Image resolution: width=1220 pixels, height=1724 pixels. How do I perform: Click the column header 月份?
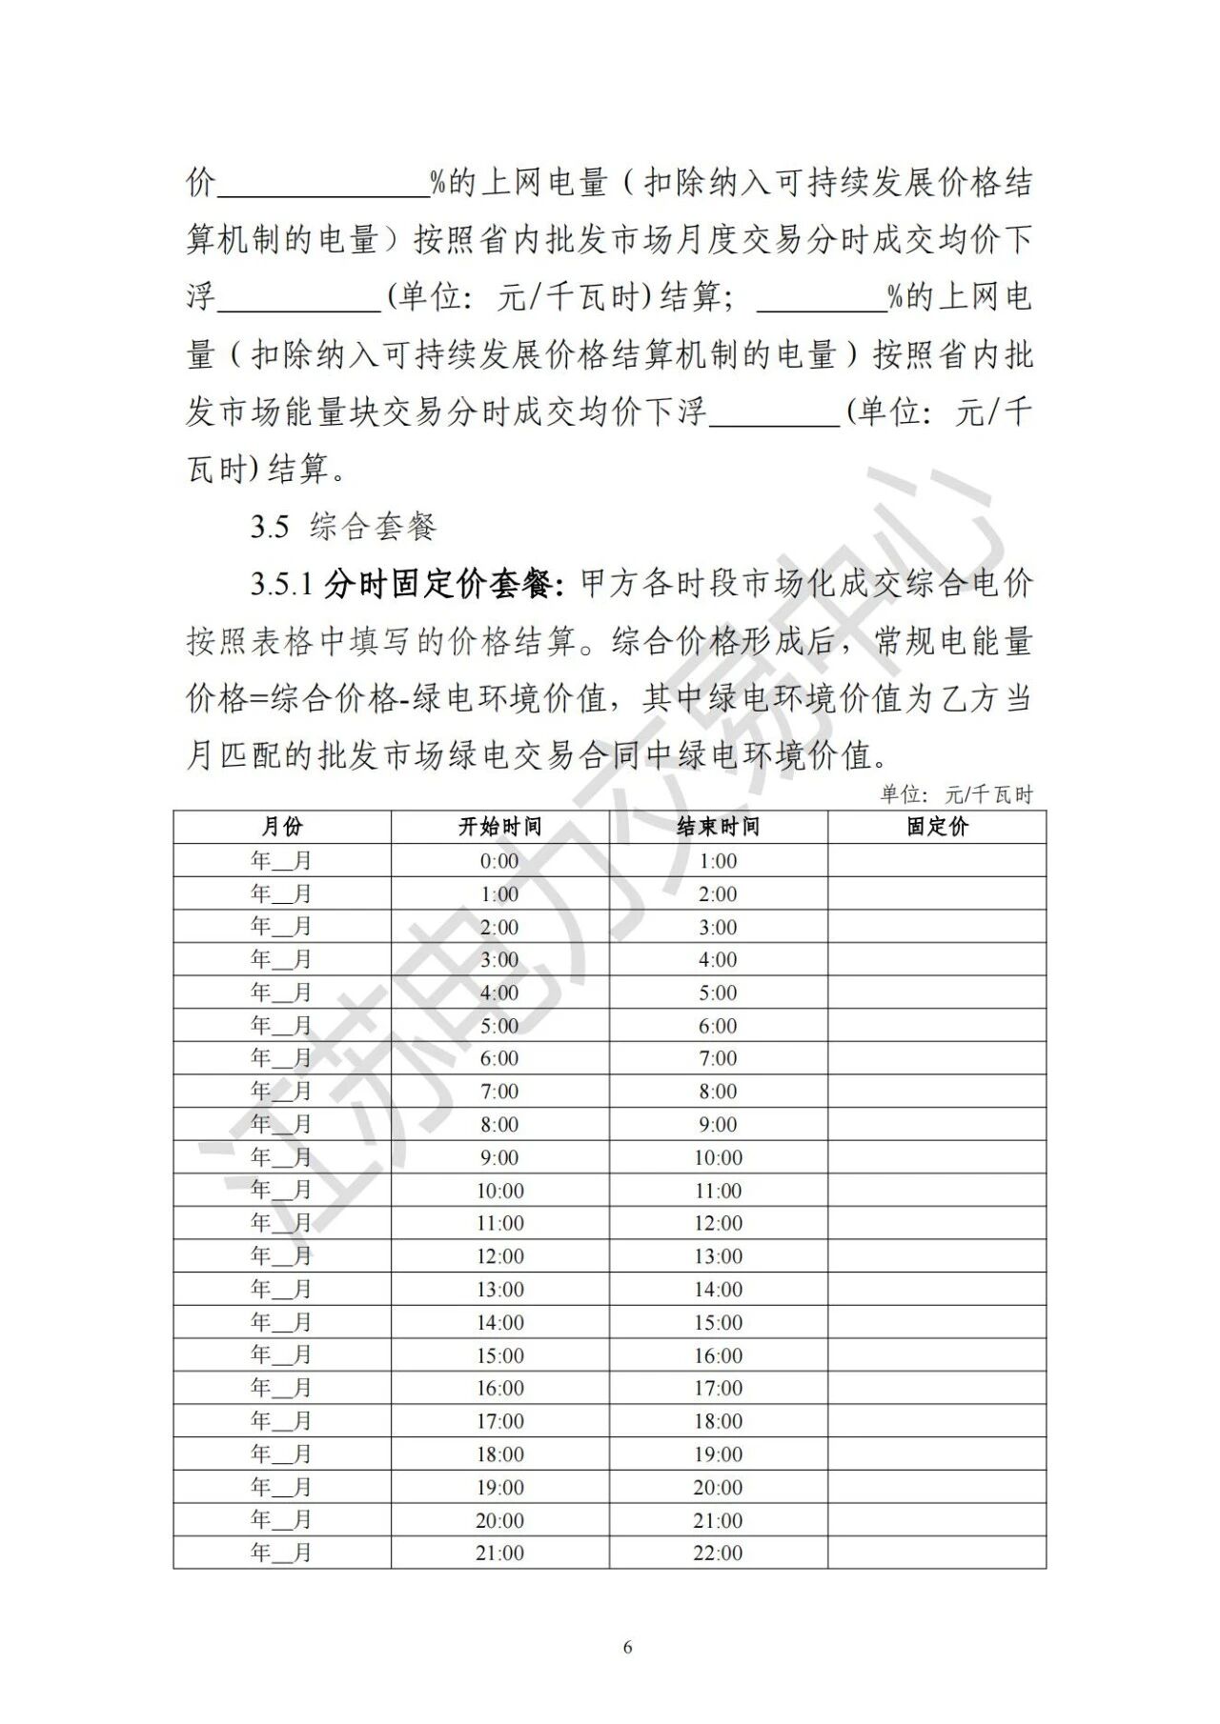click(281, 827)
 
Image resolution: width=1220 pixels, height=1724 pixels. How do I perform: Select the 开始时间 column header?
click(499, 827)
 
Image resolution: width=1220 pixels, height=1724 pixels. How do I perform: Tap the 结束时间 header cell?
click(718, 827)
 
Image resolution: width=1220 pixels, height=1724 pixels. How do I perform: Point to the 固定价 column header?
click(936, 827)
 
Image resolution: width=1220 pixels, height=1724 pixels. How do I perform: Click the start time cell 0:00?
click(499, 861)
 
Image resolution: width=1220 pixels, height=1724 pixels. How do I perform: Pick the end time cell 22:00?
click(718, 1553)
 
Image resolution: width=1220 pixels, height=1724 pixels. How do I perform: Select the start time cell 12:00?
click(499, 1256)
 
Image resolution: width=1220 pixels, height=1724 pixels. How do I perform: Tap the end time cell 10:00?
click(718, 1157)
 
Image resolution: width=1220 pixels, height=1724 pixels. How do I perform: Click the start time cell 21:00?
click(499, 1553)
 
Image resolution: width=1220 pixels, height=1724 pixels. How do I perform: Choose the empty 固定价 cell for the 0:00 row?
click(936, 861)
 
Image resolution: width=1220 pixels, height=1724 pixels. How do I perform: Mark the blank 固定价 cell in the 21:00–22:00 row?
click(936, 1553)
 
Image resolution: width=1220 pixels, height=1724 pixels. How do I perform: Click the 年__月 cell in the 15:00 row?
click(281, 1355)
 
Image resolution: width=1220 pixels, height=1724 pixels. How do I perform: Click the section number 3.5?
click(270, 527)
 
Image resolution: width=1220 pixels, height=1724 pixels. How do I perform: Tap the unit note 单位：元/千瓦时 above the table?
click(956, 794)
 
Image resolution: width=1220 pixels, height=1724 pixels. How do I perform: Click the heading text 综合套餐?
click(373, 527)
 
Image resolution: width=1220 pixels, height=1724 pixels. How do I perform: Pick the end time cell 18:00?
click(718, 1421)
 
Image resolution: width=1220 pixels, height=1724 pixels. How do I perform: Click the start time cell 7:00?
click(499, 1092)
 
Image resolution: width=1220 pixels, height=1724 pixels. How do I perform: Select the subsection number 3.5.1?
click(282, 585)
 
